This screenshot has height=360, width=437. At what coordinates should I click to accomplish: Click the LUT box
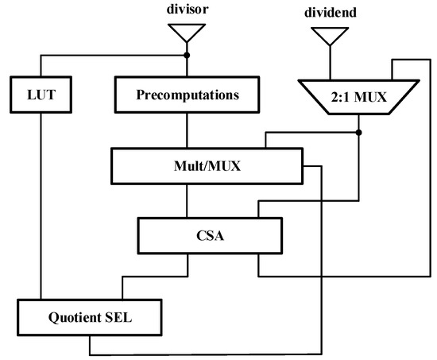[39, 95]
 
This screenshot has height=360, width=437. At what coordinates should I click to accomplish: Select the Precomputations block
[187, 95]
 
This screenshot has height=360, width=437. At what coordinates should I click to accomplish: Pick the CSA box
[210, 234]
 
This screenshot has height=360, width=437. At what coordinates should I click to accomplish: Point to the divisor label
[187, 11]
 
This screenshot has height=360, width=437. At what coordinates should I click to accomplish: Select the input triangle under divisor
[187, 33]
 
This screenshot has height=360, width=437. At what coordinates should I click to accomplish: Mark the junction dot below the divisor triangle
[187, 56]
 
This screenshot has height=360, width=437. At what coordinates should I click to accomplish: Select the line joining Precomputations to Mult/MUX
[187, 130]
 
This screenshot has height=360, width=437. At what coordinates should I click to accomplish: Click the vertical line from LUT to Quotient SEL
[39, 207]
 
